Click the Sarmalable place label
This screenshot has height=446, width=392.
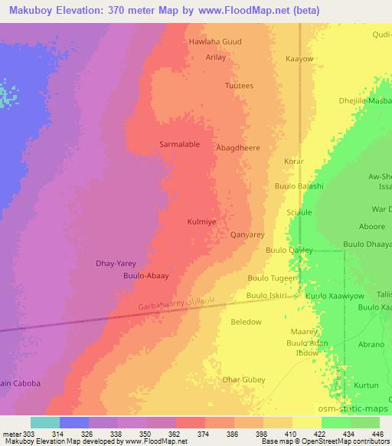coord(179,144)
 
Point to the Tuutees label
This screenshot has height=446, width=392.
coord(238,87)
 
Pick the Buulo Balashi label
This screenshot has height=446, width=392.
coord(299,186)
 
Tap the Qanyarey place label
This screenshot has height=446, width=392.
coord(247,236)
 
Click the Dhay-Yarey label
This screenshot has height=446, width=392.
coord(115,262)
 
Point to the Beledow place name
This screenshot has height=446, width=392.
coord(246,322)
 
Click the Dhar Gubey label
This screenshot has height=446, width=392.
coord(243,379)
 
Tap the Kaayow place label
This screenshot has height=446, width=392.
coord(299,59)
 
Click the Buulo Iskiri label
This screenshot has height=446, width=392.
coord(266,295)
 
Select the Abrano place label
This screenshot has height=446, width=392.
coord(371,345)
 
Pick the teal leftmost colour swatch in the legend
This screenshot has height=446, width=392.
coord(44,422)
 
